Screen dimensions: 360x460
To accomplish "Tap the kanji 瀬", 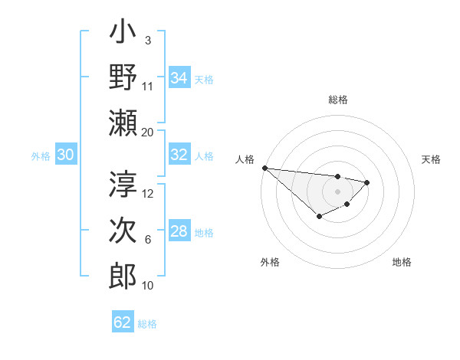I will coord(123,122).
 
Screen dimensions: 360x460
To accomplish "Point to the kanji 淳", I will coord(123,185).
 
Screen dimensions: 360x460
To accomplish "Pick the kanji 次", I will coord(123,231).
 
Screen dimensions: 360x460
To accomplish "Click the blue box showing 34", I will coord(179,77).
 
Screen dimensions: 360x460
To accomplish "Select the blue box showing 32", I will coord(179,155).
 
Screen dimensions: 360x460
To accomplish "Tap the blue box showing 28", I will coord(179,231).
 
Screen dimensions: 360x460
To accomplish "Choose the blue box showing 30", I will coord(66,155).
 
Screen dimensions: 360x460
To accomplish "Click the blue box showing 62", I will coord(123,322).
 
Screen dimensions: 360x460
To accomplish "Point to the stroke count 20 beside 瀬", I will coord(147,132).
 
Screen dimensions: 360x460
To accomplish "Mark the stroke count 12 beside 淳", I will coord(148,194).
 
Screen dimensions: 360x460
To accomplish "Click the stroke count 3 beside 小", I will coord(147,40).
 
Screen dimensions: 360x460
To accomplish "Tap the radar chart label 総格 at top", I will coord(337,100).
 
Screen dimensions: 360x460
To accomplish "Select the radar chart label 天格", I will coord(432,159).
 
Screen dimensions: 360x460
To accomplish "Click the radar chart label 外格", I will coord(270,262).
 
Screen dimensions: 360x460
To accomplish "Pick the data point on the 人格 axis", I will coord(264,168).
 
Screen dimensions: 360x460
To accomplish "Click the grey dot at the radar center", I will coord(337,191).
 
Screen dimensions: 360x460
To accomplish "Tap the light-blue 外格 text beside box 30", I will coord(41,155).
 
